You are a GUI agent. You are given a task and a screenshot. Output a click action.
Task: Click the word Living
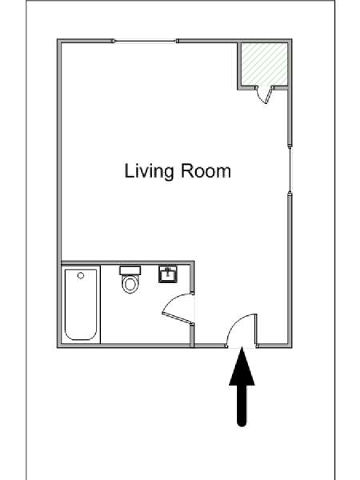(149, 171)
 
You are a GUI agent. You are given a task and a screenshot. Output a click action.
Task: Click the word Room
(206, 170)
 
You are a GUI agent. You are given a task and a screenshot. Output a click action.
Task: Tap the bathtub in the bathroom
(81, 305)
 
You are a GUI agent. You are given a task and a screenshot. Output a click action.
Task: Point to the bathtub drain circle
(81, 275)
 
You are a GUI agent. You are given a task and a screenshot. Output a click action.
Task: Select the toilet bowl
(130, 284)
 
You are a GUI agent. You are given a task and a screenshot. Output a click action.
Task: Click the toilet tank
(130, 270)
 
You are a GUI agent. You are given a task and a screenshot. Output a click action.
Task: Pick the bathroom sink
(168, 274)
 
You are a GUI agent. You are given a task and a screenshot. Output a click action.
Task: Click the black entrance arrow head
(242, 367)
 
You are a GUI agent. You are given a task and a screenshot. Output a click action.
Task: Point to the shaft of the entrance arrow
(242, 405)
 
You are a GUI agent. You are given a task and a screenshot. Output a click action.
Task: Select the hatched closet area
(265, 64)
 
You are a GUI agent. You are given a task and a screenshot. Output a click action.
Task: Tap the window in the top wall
(146, 41)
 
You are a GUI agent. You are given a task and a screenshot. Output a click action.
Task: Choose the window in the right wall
(290, 170)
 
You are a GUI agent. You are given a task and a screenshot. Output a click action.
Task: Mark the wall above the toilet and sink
(127, 262)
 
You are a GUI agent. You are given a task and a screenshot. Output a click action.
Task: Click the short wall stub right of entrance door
(256, 330)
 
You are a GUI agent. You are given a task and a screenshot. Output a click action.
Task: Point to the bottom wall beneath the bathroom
(126, 346)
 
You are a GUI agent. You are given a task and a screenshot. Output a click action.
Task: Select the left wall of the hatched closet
(239, 65)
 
